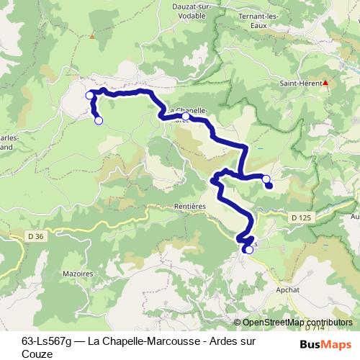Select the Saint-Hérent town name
pyautogui.click(x=300, y=83)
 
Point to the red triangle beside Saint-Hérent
pyautogui.click(x=325, y=83)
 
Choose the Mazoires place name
pyautogui.click(x=78, y=274)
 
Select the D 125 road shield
pyautogui.click(x=305, y=216)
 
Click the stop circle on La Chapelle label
pyautogui.click(x=186, y=116)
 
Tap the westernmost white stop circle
pyautogui.click(x=90, y=95)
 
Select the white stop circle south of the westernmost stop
pyautogui.click(x=99, y=120)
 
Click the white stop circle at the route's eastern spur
pyautogui.click(x=266, y=179)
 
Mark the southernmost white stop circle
pyautogui.click(x=248, y=249)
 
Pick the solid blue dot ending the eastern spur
pyautogui.click(x=269, y=186)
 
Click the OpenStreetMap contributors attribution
pyautogui.click(x=297, y=323)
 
